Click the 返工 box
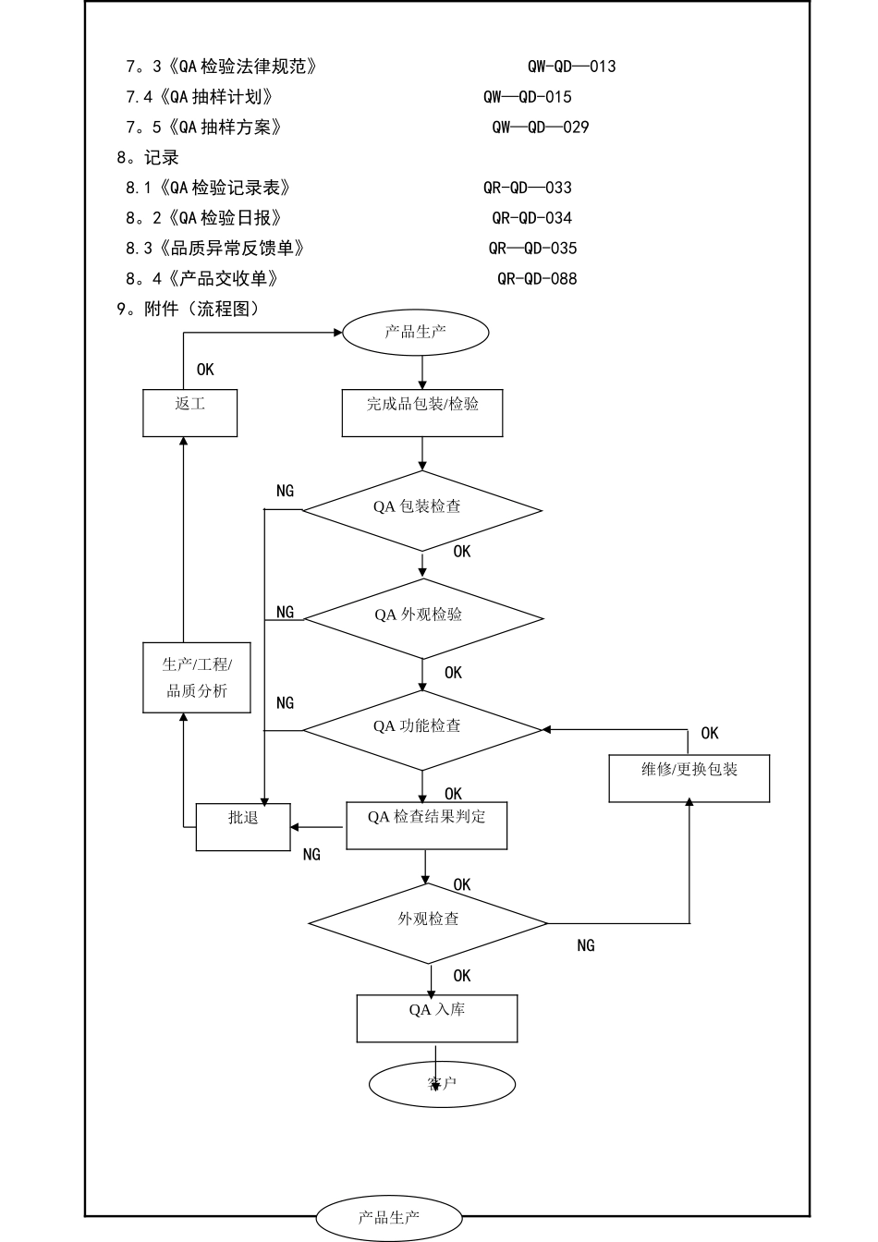(x=189, y=412)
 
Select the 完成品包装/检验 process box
(x=422, y=413)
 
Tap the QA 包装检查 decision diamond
(x=422, y=510)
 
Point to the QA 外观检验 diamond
(x=423, y=617)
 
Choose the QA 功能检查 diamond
(x=422, y=729)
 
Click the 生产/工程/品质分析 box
(x=196, y=677)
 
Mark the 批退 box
(x=243, y=826)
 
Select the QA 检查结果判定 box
(x=426, y=825)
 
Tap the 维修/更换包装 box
(x=689, y=778)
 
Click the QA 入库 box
(x=436, y=1018)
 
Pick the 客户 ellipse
(x=442, y=1084)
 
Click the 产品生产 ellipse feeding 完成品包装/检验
(x=415, y=332)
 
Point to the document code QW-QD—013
(x=571, y=67)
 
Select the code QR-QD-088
(x=537, y=278)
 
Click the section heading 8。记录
(x=148, y=157)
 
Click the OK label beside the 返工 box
(x=205, y=370)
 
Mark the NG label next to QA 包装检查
(x=285, y=491)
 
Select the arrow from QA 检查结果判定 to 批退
(x=319, y=827)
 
